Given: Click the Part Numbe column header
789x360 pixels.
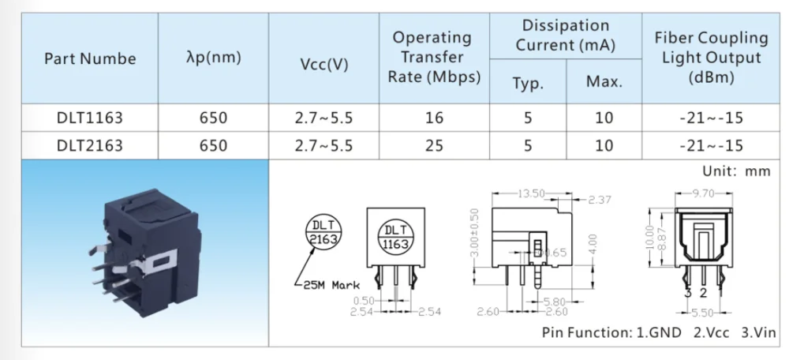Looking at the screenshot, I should [90, 58].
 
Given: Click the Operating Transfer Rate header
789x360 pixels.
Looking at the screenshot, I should [432, 58].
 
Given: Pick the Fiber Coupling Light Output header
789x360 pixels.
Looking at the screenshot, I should [710, 58].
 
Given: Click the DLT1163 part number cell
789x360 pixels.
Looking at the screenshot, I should [90, 118].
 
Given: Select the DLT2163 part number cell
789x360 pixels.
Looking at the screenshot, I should [90, 145].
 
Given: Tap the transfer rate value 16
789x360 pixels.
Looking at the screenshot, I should [433, 118].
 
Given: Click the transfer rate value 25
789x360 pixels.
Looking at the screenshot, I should [433, 145].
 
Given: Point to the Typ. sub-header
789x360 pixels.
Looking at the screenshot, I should [527, 81].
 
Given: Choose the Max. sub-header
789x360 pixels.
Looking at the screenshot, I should [604, 81].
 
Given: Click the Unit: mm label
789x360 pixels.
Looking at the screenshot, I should [735, 172].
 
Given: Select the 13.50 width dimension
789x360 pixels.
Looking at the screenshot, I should [531, 193].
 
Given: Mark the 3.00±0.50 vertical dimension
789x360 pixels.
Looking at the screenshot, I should [474, 235].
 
